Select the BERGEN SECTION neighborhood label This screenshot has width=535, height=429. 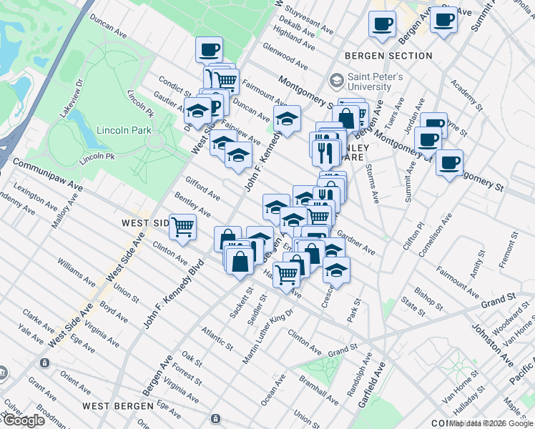(x=388, y=56)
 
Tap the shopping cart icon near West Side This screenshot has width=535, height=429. (x=183, y=227)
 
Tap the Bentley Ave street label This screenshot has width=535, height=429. (x=192, y=207)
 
